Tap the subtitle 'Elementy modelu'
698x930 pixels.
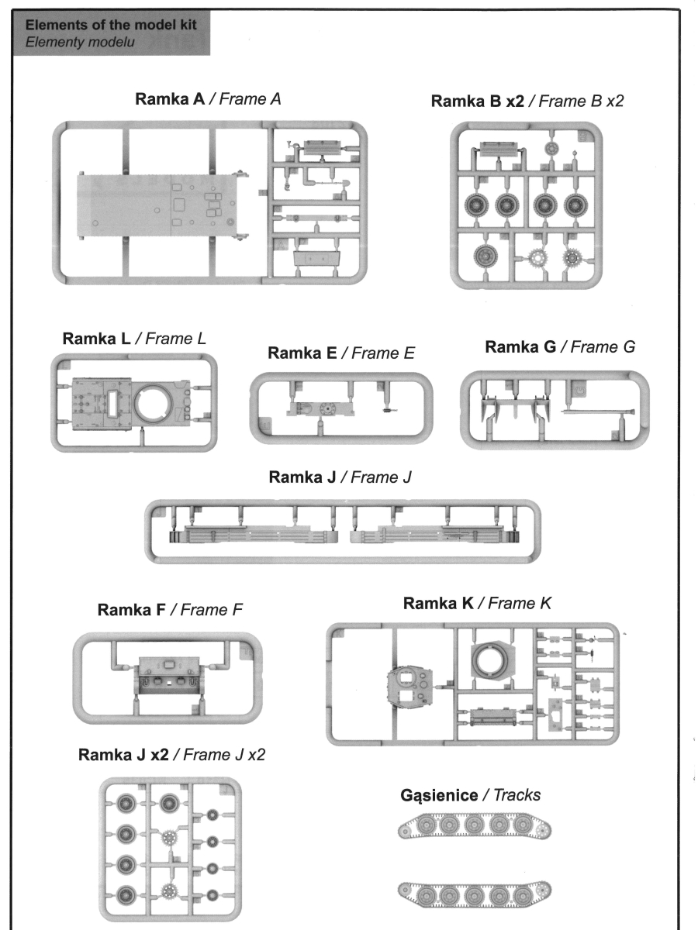81,41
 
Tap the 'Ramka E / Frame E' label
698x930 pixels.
341,353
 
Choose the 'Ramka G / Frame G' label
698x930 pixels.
560,347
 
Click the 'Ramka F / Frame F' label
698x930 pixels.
170,611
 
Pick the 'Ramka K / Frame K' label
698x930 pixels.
478,603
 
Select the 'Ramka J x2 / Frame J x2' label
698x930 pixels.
171,754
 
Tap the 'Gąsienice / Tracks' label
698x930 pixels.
471,795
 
